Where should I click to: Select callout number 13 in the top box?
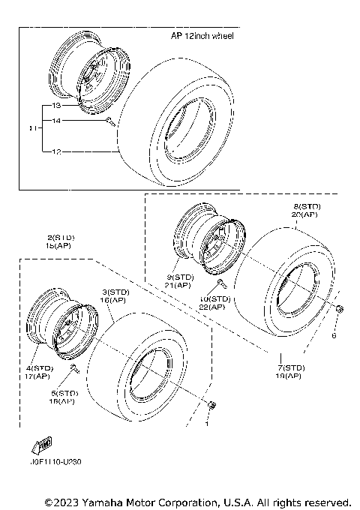[56, 106]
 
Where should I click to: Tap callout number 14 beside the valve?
[56, 121]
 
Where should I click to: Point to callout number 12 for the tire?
[56, 151]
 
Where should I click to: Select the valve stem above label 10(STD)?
[222, 283]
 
